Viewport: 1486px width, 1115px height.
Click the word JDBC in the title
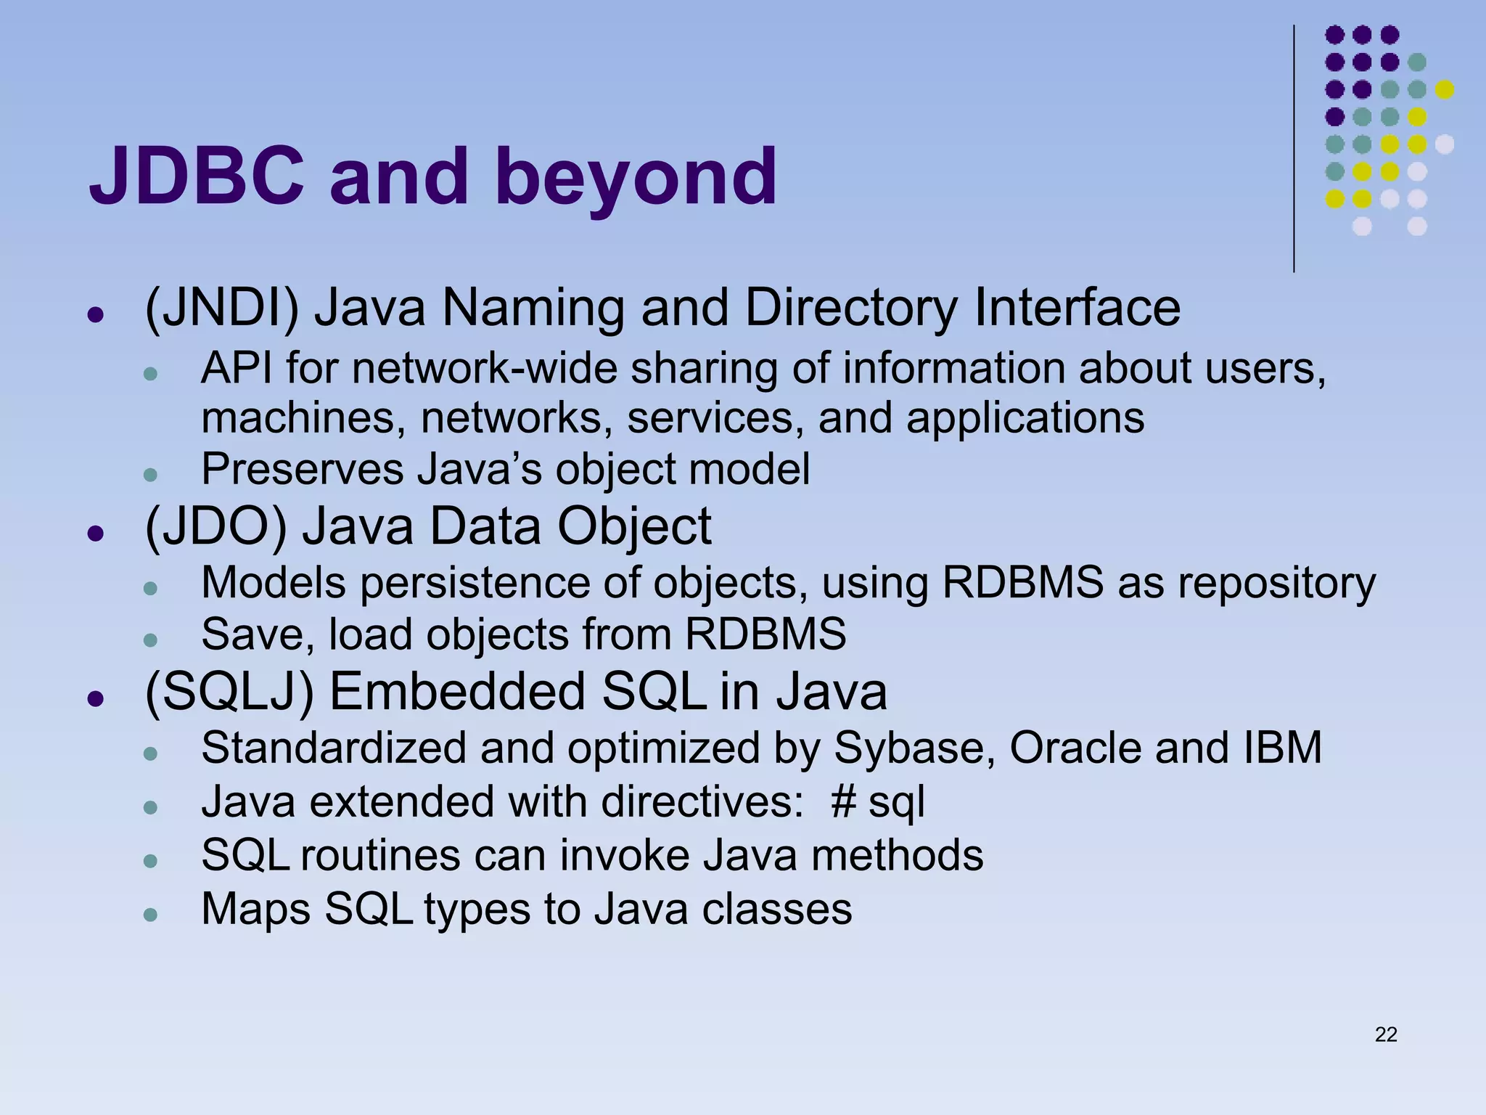click(x=196, y=176)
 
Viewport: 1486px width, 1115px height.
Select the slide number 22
click(x=1385, y=1034)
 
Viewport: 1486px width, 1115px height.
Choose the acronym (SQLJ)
click(x=229, y=692)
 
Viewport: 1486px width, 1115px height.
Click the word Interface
click(x=1077, y=309)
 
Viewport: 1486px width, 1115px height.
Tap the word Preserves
click(x=302, y=469)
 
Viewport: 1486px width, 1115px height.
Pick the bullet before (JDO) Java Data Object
click(x=94, y=534)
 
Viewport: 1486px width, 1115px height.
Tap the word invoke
click(x=623, y=855)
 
